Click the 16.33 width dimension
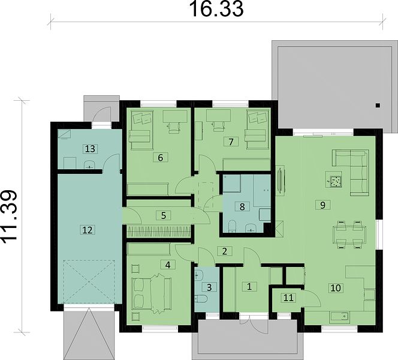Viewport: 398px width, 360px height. pos(216,9)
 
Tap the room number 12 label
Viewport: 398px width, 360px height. pos(88,230)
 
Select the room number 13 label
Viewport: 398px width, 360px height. pos(90,149)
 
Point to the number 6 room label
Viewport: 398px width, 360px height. pos(160,158)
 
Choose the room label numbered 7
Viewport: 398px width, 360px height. pos(231,142)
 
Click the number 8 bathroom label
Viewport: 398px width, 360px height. pos(242,206)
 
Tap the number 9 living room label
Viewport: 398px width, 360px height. pos(322,205)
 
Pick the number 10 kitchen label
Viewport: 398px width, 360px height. pos(336,288)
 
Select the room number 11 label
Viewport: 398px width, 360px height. pos(288,297)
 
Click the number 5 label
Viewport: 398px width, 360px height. pos(164,215)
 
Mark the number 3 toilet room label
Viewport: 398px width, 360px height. pos(209,287)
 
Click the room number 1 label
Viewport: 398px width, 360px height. pos(249,287)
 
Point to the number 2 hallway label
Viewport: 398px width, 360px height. pos(224,251)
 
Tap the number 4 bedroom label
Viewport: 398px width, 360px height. pos(167,265)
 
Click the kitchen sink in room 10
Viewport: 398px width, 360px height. pos(340,317)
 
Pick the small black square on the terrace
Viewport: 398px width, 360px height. pos(378,105)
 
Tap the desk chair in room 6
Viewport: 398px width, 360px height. pos(174,128)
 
